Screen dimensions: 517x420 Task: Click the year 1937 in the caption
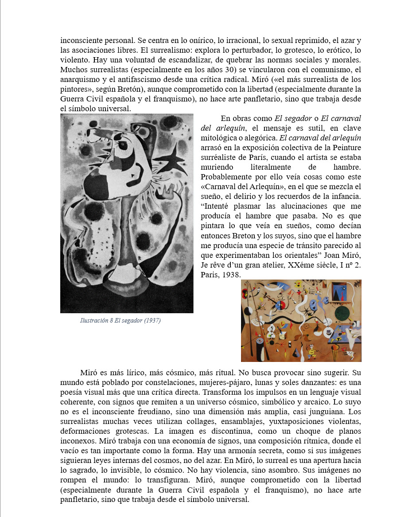click(x=152, y=320)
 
